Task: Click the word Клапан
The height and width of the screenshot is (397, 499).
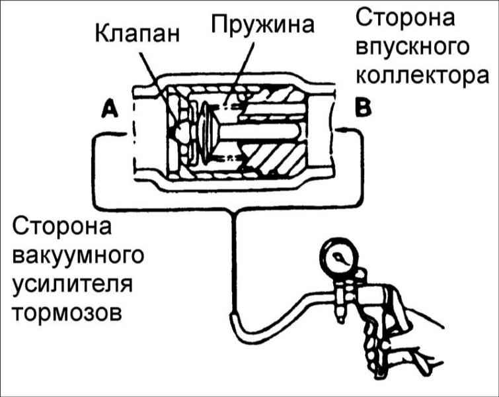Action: click(x=137, y=34)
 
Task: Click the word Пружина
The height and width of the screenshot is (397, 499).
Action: click(x=262, y=25)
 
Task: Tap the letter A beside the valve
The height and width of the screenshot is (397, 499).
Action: click(x=110, y=109)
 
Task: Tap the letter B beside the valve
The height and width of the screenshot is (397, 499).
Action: click(x=363, y=108)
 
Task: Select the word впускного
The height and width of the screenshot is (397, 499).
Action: click(x=412, y=48)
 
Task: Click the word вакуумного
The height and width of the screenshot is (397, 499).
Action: click(x=78, y=256)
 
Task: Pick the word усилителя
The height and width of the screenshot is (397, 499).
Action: click(x=73, y=285)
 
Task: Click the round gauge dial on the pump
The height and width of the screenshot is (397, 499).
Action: click(x=338, y=257)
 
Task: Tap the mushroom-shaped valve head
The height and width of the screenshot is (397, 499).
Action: click(x=208, y=132)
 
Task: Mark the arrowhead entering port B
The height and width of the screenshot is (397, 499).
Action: click(x=340, y=130)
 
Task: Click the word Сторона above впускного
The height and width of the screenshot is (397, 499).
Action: click(x=405, y=18)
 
